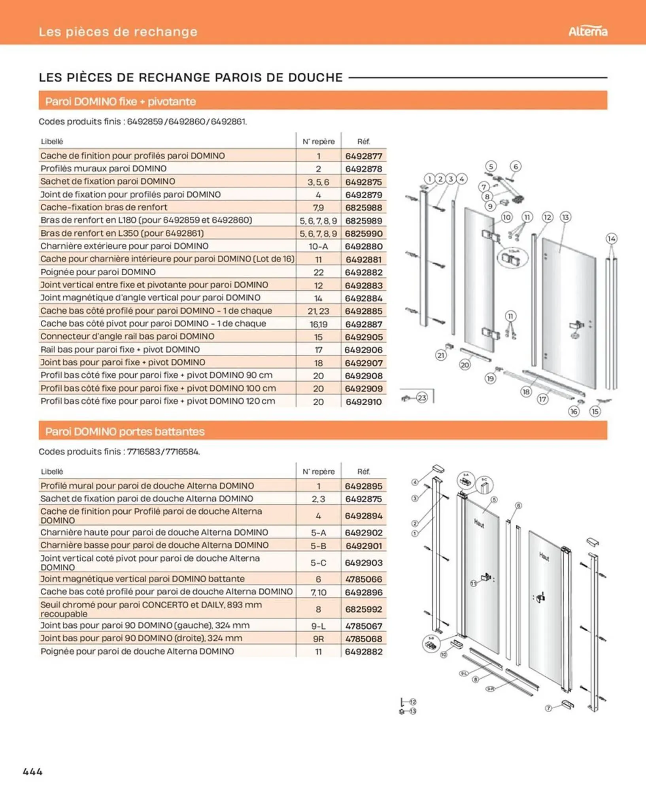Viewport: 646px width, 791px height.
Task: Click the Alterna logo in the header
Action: pos(587,31)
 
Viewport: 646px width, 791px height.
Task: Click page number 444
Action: pos(33,772)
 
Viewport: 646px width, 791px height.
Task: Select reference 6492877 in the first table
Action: pos(363,156)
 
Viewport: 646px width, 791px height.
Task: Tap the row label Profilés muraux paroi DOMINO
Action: pos(103,168)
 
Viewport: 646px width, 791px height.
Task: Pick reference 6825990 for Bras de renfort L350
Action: pos(363,233)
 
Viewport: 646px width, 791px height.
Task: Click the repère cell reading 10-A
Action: pos(318,246)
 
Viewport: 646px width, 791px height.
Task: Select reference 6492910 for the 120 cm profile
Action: pos(363,402)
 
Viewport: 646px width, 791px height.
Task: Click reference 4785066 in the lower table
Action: pos(363,579)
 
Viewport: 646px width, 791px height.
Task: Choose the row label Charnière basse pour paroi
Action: pos(154,545)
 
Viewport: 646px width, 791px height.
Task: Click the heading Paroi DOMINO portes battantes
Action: pos(125,431)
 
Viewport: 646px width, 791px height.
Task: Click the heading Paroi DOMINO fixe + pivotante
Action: pos(120,102)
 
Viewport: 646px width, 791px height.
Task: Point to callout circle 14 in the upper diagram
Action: pos(611,238)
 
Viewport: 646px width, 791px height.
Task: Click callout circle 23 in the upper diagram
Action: pos(422,397)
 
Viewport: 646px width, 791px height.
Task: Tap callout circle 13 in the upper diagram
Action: pos(565,217)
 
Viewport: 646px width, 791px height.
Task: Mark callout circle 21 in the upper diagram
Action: pos(441,355)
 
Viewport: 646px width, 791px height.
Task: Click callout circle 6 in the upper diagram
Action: pos(516,167)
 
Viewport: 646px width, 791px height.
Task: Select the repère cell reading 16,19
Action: pos(318,324)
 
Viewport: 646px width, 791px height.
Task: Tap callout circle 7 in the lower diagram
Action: pos(548,708)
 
